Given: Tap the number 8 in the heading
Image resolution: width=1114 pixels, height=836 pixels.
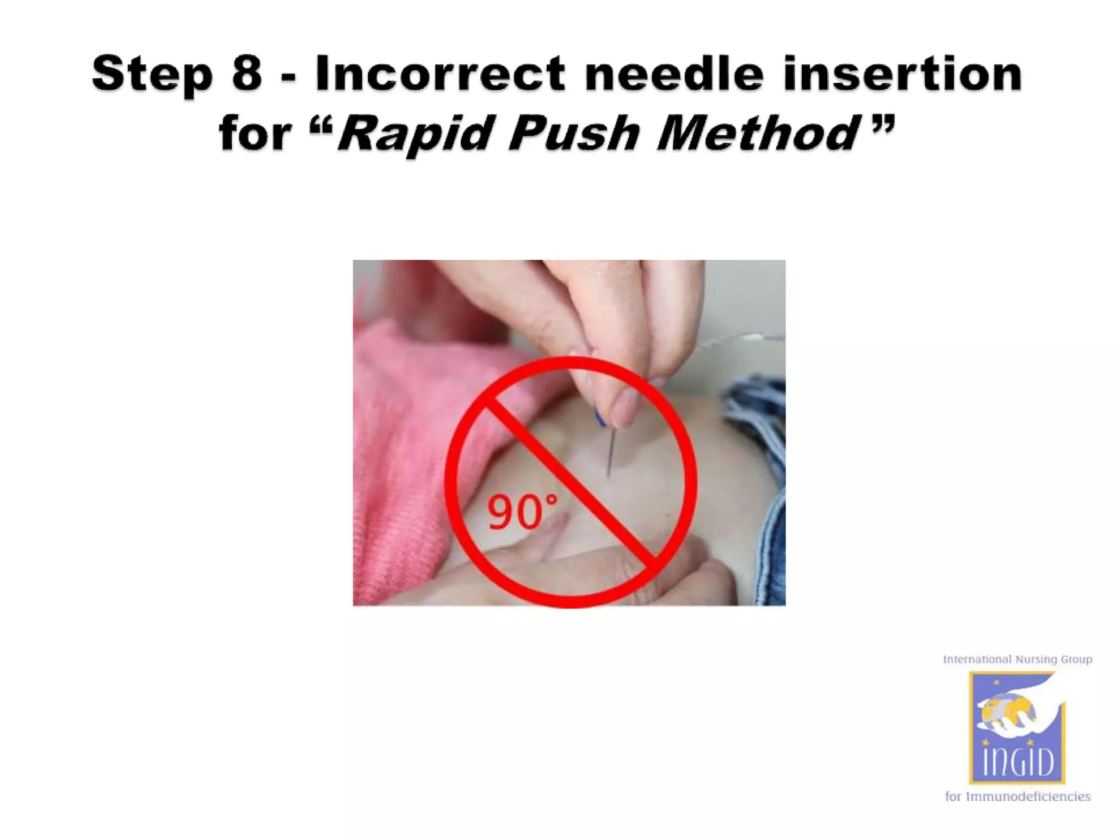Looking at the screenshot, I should point(247,73).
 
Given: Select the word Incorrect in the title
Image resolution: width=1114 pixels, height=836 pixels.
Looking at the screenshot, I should point(440,73).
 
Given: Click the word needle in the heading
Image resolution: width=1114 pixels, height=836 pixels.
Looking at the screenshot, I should point(674,73).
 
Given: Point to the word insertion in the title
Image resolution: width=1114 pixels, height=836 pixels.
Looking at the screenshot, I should point(903,73).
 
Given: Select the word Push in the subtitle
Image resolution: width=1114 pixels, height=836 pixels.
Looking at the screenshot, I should point(574,133).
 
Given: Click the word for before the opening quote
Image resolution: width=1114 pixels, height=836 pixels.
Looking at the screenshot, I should point(255,133).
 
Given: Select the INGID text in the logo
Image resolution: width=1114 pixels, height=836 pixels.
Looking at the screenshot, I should point(1017,761).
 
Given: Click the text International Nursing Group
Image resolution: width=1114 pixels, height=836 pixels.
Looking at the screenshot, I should point(1017,660).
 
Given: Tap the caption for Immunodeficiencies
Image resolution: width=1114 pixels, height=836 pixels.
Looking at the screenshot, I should point(1017,797).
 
